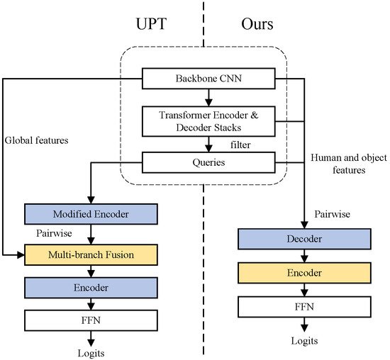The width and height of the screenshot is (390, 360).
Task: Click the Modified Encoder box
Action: pos(90,214)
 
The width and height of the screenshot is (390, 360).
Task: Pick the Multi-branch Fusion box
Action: pos(90,252)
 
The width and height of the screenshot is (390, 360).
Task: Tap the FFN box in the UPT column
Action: pos(90,320)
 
